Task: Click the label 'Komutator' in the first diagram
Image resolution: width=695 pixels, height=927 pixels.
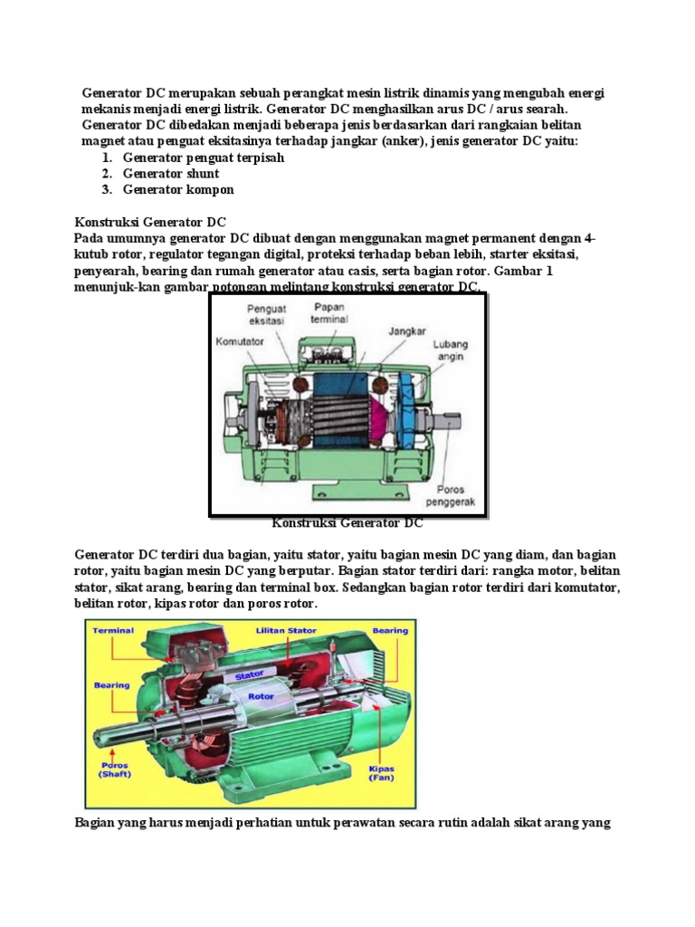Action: coord(239,343)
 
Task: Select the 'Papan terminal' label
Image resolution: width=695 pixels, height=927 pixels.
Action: coord(328,313)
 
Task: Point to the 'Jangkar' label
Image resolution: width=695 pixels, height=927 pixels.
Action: coord(406,331)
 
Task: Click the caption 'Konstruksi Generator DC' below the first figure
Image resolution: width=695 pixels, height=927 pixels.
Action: coord(347,522)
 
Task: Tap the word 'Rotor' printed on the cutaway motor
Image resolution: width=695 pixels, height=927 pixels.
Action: coord(261,696)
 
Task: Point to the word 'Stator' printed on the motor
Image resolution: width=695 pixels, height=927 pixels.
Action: coord(251,675)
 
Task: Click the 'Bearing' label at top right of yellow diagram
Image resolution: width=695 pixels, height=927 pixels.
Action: coord(389,631)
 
